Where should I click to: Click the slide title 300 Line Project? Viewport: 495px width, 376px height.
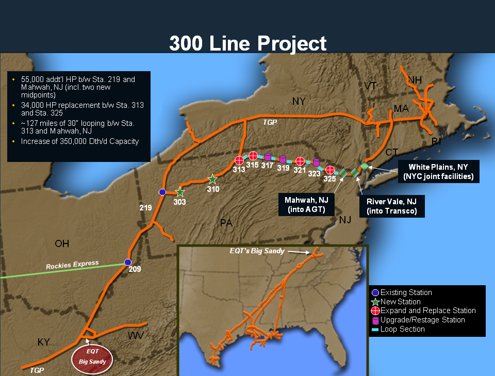tap(247, 43)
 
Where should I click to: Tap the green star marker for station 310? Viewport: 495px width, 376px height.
tap(212, 179)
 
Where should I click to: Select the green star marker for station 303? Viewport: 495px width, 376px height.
tap(180, 192)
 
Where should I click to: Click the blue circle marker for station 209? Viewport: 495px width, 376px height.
tap(128, 261)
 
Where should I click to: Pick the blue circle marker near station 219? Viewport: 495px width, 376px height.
tap(162, 192)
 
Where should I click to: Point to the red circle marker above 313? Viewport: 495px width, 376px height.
tap(239, 160)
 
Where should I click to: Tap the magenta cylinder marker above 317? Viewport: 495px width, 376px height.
tap(268, 157)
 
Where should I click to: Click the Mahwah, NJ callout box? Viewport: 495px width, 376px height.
tap(306, 204)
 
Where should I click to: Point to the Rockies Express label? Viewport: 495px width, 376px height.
tap(72, 265)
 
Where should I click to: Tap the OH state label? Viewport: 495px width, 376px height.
tap(62, 243)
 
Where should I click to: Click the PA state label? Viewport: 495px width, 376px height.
tap(226, 223)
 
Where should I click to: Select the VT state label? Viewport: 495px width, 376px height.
tap(370, 86)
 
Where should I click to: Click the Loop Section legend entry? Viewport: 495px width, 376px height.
tap(402, 329)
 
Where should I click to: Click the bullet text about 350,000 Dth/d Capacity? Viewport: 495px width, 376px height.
tap(80, 141)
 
